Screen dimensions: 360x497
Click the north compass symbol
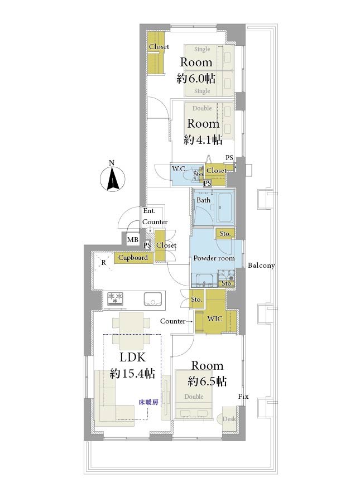tap(112, 177)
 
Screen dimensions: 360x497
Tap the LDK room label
tap(133, 357)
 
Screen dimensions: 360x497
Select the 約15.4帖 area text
tap(132, 374)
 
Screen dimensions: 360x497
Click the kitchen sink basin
tap(152, 299)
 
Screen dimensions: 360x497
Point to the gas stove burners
tap(115, 299)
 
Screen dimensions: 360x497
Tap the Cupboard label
tap(133, 258)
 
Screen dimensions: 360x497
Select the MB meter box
tap(133, 240)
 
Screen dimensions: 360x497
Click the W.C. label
tap(179, 169)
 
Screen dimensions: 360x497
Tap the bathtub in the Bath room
tap(225, 208)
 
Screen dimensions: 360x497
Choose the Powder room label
tap(214, 258)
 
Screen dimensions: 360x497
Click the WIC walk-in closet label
tap(215, 319)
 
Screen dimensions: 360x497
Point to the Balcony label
tap(261, 266)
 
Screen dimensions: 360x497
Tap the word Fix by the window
tap(243, 397)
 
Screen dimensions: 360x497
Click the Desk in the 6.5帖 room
tap(228, 419)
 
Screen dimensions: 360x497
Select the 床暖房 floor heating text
tap(148, 402)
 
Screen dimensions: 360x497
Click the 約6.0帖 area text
tap(196, 78)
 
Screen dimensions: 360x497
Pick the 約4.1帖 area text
tap(203, 139)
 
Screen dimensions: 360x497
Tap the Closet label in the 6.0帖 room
tap(159, 47)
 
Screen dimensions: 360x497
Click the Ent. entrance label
tap(149, 211)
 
